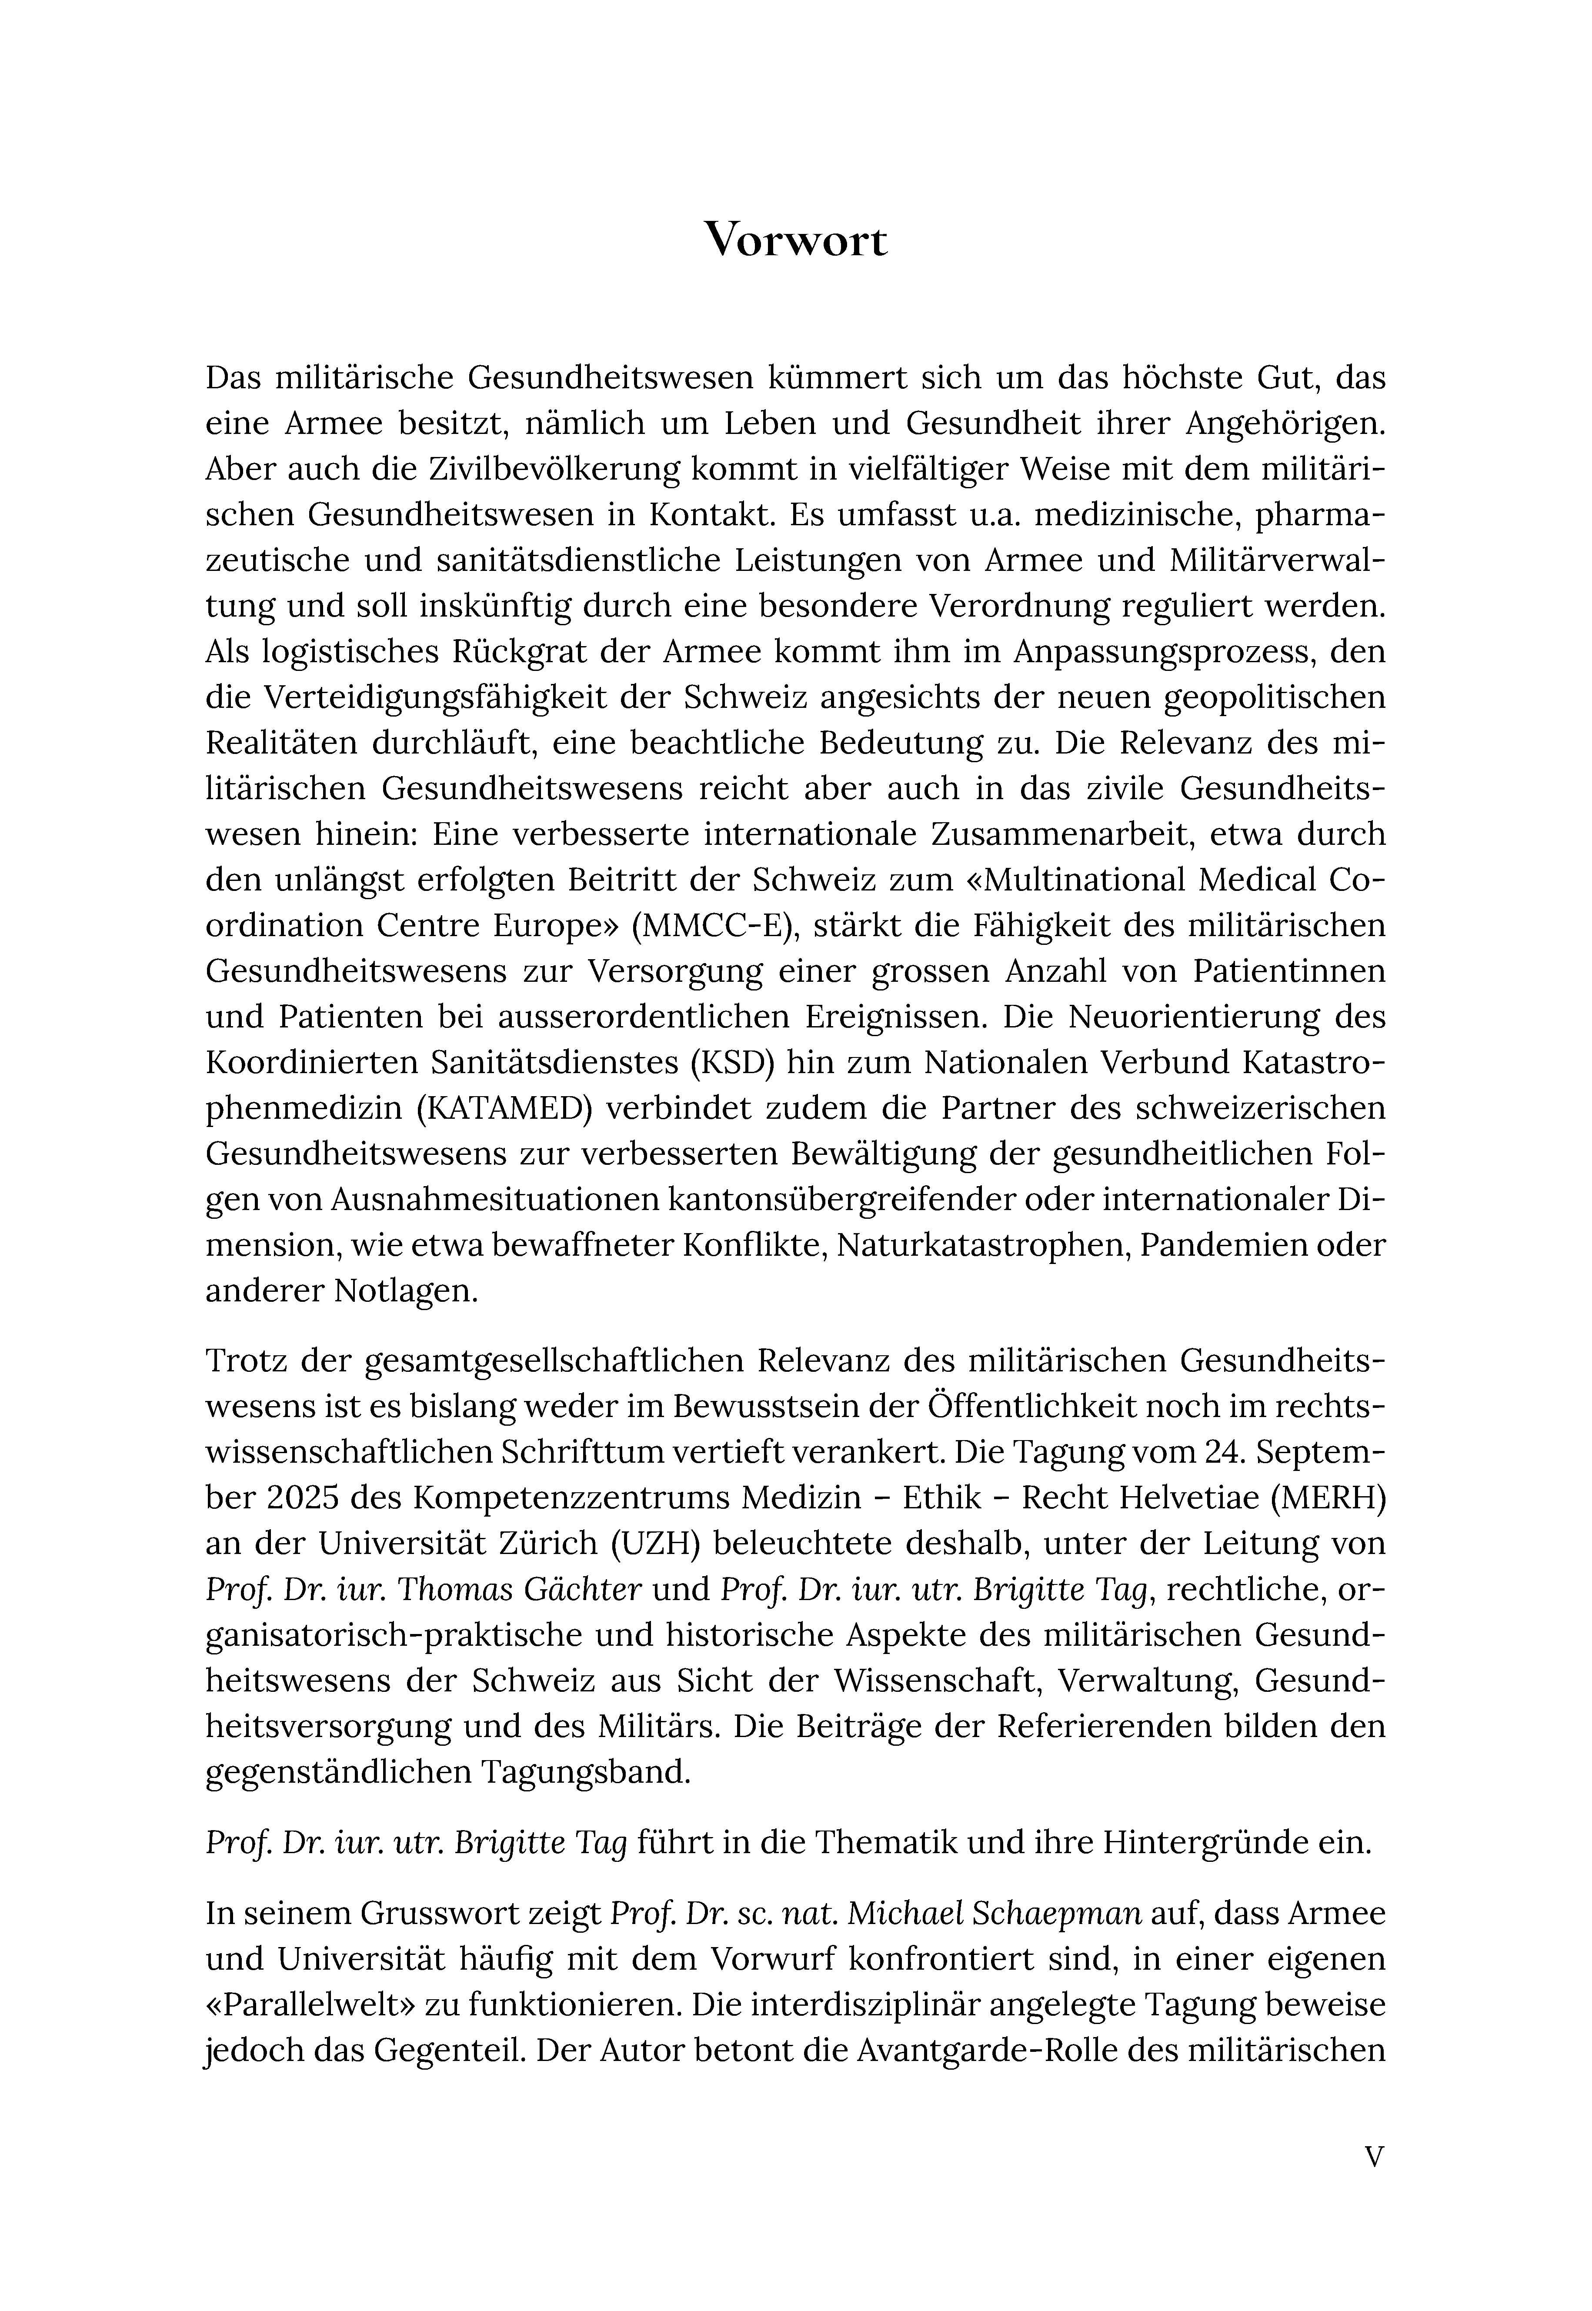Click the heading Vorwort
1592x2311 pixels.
pyautogui.click(x=795, y=240)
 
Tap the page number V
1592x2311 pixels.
pyautogui.click(x=1374, y=2156)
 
